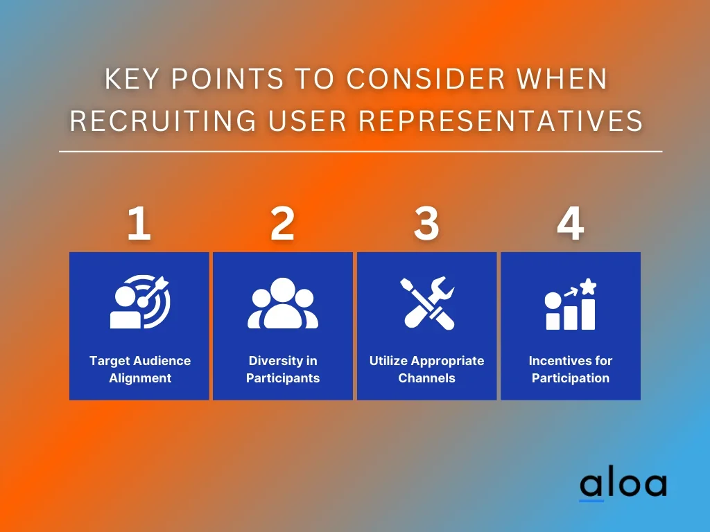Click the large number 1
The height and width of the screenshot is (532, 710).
(x=139, y=223)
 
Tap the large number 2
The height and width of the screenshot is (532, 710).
(x=283, y=223)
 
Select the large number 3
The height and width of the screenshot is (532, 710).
(x=426, y=223)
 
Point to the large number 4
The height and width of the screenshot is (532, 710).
(x=571, y=223)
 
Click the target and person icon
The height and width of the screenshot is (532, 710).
(x=140, y=302)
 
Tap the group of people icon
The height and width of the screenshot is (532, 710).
(x=283, y=303)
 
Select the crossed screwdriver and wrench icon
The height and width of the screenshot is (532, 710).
(x=427, y=303)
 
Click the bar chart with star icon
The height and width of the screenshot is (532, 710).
(x=571, y=304)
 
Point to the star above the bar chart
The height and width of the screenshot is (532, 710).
(x=588, y=287)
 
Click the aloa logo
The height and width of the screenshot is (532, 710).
(x=623, y=486)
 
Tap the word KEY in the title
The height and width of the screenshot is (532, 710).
(x=132, y=79)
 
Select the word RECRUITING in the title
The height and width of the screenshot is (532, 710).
(x=163, y=121)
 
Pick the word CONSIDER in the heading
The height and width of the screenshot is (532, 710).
(x=426, y=79)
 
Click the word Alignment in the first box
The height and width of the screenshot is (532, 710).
(x=140, y=378)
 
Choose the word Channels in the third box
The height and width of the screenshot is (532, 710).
(x=426, y=378)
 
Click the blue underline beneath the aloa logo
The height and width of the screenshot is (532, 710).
(x=591, y=501)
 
